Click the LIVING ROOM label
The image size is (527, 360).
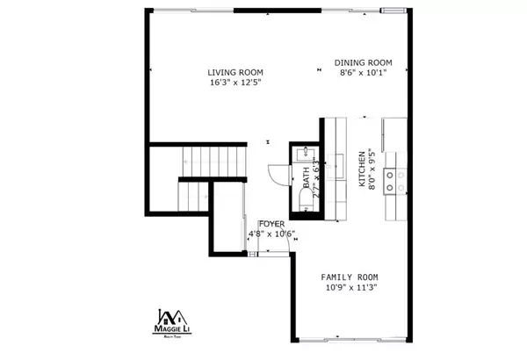tap(235, 72)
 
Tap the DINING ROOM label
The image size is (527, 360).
tap(363, 62)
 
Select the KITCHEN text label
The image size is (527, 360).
tap(361, 169)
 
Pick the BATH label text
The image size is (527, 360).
tap(307, 184)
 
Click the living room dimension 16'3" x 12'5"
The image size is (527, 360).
tap(235, 83)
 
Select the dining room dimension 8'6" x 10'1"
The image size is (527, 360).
tap(363, 74)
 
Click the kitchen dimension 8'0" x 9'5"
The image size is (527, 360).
tap(372, 169)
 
